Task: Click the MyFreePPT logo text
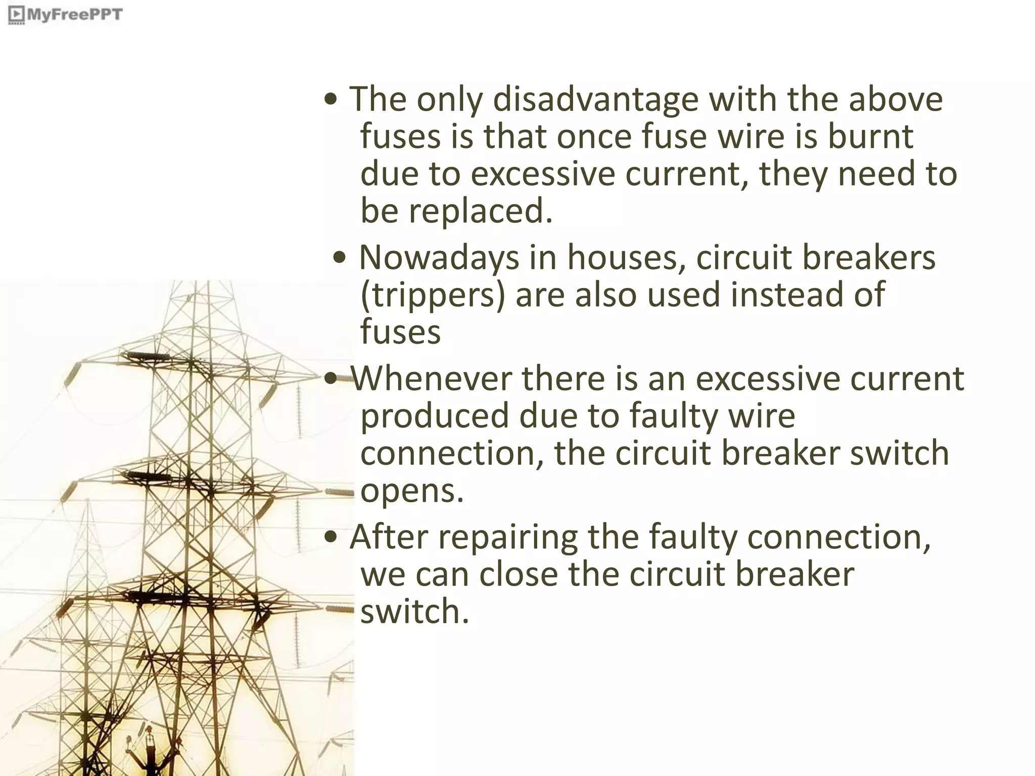[x=73, y=14]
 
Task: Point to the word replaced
[x=480, y=211]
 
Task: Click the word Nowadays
[x=439, y=258]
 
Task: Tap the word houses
[x=626, y=258]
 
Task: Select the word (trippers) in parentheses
[x=433, y=295]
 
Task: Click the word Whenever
[x=431, y=378]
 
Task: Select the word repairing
[x=507, y=537]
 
